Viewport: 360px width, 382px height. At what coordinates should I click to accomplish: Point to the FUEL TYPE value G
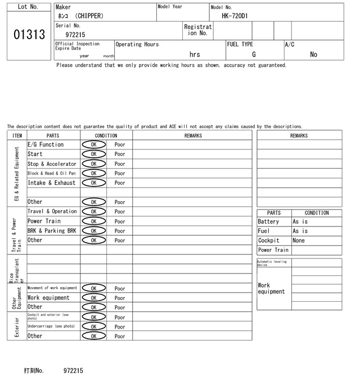click(x=254, y=54)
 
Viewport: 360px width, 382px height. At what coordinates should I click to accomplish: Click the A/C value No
click(x=313, y=54)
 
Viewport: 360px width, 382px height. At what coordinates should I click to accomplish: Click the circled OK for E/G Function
click(x=93, y=145)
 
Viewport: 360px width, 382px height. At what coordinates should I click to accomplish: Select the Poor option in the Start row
click(x=120, y=154)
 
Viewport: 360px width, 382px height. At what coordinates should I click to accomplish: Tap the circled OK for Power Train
click(x=93, y=221)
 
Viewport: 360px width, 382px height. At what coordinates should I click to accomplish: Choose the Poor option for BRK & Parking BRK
click(x=120, y=231)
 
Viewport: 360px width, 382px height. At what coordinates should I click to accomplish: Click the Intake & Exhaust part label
click(x=51, y=183)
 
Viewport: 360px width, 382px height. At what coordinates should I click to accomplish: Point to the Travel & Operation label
click(x=52, y=212)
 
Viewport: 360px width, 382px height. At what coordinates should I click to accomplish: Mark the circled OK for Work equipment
click(x=93, y=298)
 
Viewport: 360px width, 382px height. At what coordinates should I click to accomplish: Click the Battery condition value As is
click(x=300, y=222)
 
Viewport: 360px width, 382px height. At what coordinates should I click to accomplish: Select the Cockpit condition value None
click(x=299, y=240)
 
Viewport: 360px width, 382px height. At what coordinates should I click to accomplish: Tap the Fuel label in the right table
click(x=264, y=231)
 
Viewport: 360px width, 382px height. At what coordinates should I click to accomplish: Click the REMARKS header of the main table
click(x=193, y=135)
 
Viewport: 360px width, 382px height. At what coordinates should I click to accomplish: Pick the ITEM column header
click(x=17, y=135)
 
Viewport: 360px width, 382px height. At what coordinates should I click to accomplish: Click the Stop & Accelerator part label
click(x=52, y=164)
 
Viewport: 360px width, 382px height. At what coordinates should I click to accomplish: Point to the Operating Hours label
click(x=137, y=44)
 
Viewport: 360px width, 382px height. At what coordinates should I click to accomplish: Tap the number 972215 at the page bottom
click(x=73, y=371)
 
